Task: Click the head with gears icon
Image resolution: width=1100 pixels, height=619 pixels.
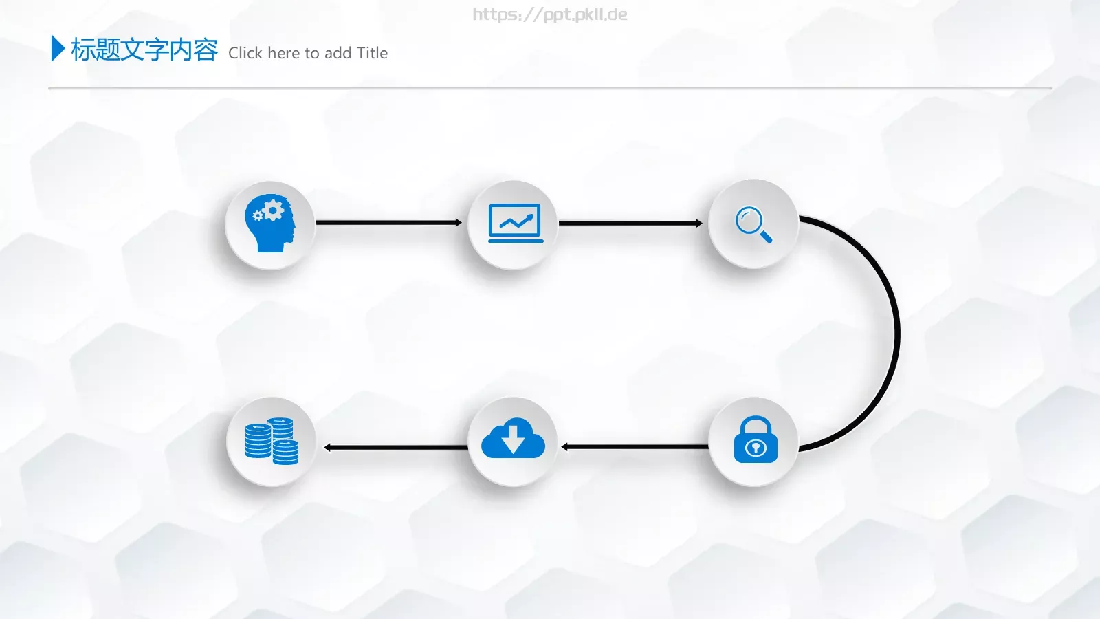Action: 270,224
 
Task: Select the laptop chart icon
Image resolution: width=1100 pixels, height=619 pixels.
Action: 516,223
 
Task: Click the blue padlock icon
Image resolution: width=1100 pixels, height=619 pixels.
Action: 756,439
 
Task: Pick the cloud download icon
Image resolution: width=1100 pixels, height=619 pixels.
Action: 513,438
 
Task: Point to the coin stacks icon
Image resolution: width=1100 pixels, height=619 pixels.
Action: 272,441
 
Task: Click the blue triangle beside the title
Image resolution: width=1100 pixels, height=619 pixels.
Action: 58,48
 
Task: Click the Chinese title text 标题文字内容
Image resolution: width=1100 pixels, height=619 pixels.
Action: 144,50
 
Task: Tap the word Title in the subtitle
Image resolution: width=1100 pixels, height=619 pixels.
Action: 372,52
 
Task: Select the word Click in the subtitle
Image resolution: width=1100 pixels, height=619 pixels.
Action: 245,52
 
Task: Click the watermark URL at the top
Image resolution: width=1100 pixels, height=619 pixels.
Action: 550,14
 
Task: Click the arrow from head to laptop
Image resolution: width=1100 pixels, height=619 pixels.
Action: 389,223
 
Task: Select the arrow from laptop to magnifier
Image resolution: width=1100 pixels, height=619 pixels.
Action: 630,223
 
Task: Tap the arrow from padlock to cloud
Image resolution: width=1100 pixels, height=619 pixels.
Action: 635,446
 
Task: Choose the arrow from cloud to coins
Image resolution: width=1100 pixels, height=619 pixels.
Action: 396,447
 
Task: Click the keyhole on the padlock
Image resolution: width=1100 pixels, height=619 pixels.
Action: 756,448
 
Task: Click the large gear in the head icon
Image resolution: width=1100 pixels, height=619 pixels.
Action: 273,210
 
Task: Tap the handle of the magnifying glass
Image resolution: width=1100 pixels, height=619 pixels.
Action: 766,237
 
